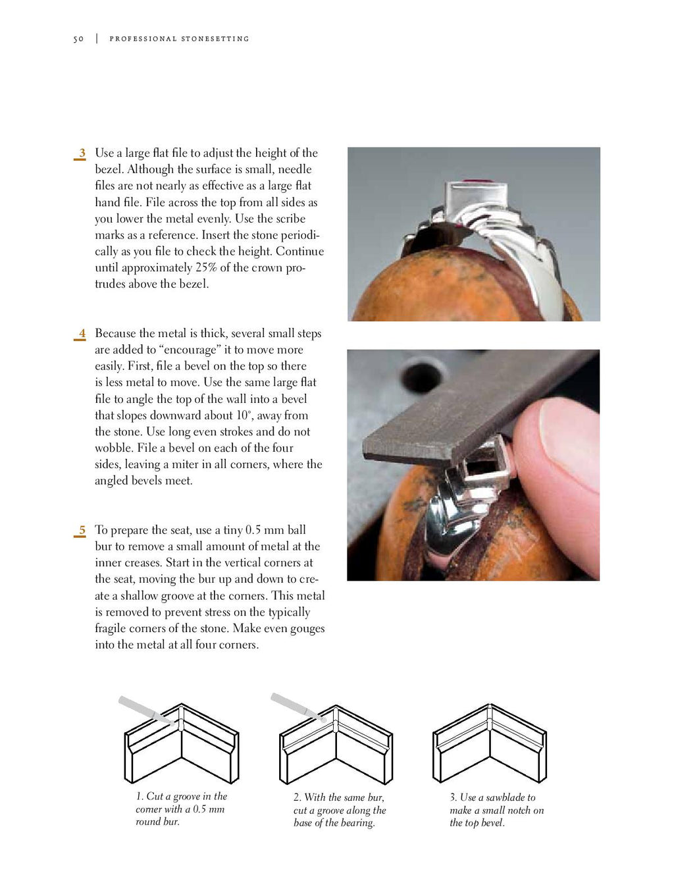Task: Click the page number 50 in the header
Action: coord(78,39)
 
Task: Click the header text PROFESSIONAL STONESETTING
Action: coord(179,39)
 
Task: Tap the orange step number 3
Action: coord(82,153)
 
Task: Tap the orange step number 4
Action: coord(82,334)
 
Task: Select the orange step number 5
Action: coord(82,530)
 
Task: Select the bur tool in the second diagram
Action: coord(296,707)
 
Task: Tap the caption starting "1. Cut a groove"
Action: coord(181,809)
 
